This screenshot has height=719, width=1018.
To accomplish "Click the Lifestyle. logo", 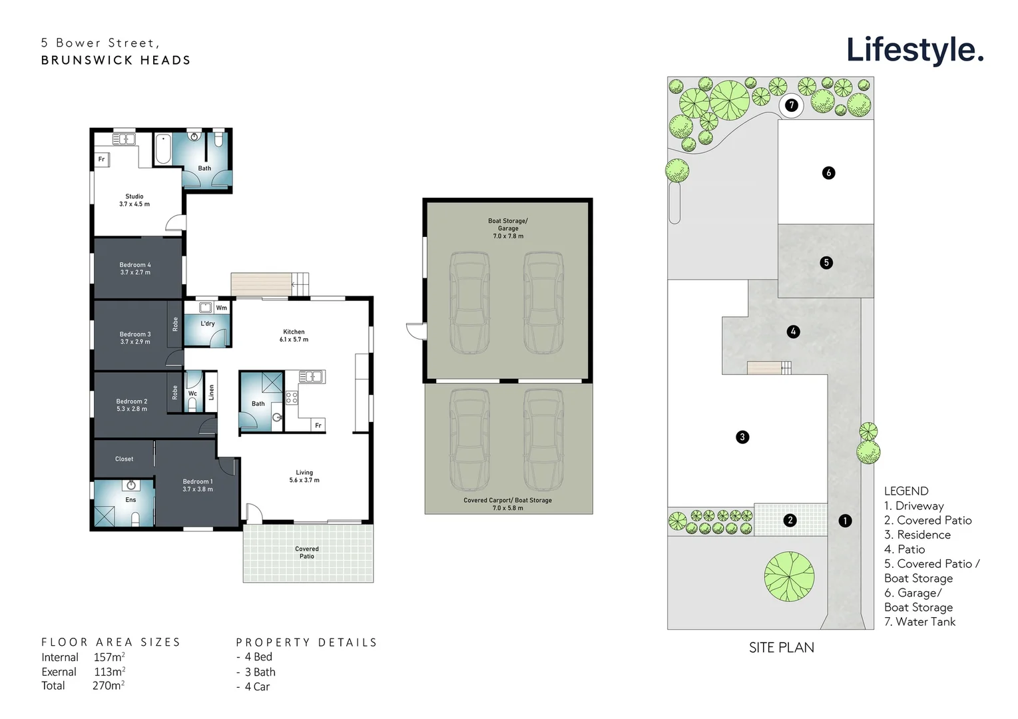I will pos(914,50).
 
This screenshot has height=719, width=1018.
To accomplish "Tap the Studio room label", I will pos(134,200).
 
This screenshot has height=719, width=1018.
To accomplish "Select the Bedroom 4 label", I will pos(135,268).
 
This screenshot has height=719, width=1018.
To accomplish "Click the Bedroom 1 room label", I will pos(198,485).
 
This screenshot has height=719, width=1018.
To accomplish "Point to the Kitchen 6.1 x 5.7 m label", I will pos(294,336).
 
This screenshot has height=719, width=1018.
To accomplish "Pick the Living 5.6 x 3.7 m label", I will pos(304,476).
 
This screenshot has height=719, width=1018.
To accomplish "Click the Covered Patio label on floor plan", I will pos(307,553).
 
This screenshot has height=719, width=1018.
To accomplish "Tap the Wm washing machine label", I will pos(222,308).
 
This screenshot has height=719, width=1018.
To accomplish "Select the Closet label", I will pos(125,459).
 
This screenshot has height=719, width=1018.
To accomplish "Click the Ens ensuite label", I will pos(130,500).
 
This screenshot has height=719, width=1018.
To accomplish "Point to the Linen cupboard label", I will pos(212,392).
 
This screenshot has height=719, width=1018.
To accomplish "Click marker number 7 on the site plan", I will pos(792,105).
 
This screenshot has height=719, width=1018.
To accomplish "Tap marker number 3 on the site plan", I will pos(742,437).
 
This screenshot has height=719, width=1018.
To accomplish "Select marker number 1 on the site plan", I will pos(845,521).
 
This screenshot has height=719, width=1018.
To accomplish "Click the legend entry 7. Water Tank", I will pos(919,622).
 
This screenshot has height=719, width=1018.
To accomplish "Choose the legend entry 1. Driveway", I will pos(913,506).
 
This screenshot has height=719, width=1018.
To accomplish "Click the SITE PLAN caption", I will pos(781,648).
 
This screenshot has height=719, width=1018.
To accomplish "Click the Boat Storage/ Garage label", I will pos(508,225).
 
